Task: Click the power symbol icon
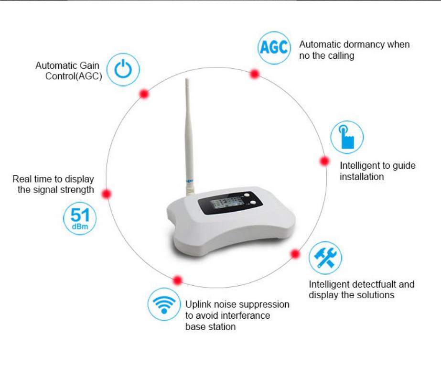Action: (123, 70)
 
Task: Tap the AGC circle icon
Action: (274, 48)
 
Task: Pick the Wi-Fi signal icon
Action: (164, 304)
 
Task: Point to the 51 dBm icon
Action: (80, 219)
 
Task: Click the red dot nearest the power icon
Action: (144, 94)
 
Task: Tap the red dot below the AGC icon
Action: (255, 74)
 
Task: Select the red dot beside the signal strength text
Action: (107, 194)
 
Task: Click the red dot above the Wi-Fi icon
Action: (178, 280)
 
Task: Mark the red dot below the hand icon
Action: (324, 161)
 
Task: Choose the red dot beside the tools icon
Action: (295, 254)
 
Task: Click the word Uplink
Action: (196, 304)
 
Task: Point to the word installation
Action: (362, 177)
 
